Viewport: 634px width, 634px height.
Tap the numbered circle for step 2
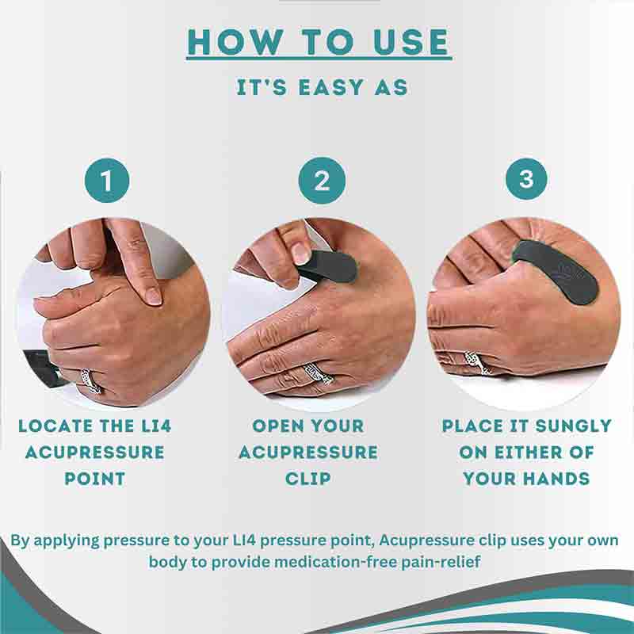coord(321,181)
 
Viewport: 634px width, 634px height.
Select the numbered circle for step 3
coord(526,179)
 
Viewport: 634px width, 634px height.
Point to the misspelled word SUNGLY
coord(569,426)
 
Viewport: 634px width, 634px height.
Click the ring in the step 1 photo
coord(90,380)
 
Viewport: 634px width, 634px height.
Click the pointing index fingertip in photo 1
coord(151,296)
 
